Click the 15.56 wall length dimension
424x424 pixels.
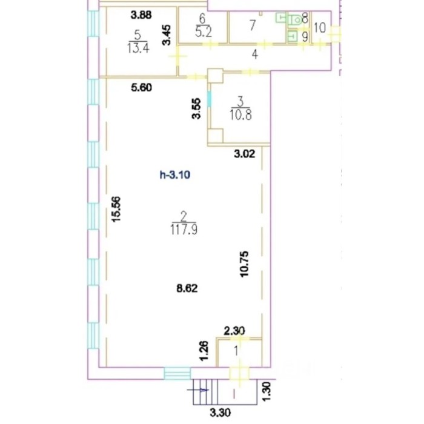click(116, 210)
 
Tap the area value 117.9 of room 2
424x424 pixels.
click(184, 230)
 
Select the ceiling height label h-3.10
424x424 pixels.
click(175, 175)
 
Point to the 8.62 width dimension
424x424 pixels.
click(187, 288)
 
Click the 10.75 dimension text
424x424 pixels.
click(245, 264)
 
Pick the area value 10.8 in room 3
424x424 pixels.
click(240, 115)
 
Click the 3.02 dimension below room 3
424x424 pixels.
click(245, 154)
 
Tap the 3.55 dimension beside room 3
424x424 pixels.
click(197, 108)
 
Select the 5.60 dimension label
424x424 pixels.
click(141, 88)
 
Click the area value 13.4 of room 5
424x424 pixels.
click(138, 48)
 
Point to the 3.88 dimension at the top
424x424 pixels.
click(141, 15)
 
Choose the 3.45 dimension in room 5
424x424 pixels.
click(167, 35)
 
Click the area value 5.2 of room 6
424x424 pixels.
click(204, 32)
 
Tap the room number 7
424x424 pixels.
click(253, 25)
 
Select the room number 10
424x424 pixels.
click(320, 28)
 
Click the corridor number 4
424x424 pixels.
click(255, 55)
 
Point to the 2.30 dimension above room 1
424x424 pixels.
click(234, 331)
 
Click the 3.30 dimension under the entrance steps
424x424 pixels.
click(220, 413)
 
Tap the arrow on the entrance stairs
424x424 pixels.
click(198, 389)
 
